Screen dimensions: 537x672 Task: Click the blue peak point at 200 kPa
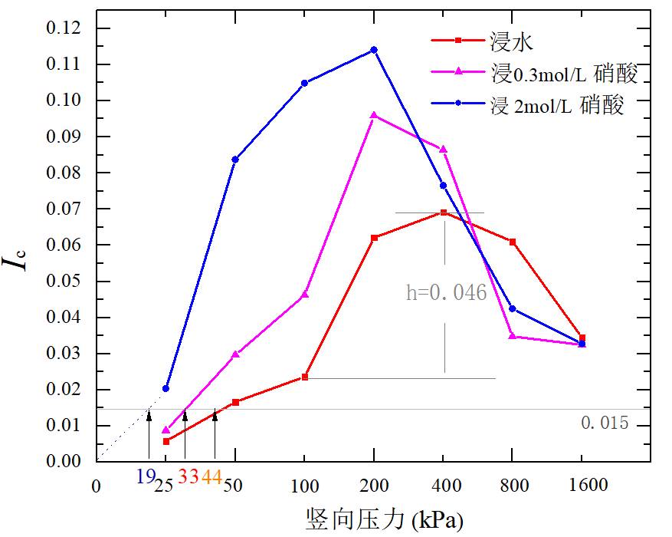pyautogui.click(x=374, y=50)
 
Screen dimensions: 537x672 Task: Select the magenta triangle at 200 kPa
pyautogui.click(x=374, y=115)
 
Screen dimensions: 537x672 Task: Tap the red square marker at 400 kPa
pyautogui.click(x=443, y=212)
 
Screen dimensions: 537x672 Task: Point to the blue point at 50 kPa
pyautogui.click(x=235, y=160)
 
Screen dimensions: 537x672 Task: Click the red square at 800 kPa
pyautogui.click(x=513, y=242)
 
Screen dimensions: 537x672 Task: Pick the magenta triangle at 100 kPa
pyautogui.click(x=305, y=294)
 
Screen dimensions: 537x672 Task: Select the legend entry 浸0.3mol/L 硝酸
pyautogui.click(x=564, y=73)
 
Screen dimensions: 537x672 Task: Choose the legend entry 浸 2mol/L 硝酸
pyautogui.click(x=557, y=104)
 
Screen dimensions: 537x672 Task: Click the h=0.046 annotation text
pyautogui.click(x=447, y=292)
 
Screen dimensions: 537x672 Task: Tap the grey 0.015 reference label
pyautogui.click(x=605, y=423)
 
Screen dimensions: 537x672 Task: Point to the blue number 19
pyautogui.click(x=146, y=477)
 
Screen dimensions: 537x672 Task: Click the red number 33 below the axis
pyautogui.click(x=188, y=477)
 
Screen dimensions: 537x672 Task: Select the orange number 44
pyautogui.click(x=212, y=477)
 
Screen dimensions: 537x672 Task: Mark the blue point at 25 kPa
pyautogui.click(x=166, y=388)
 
